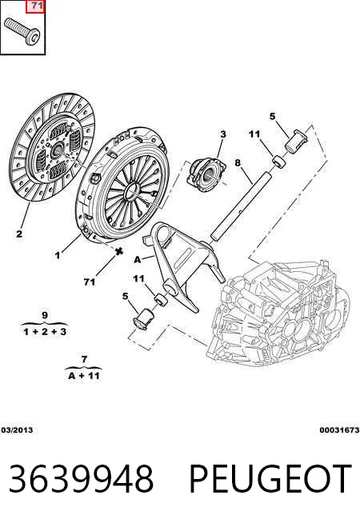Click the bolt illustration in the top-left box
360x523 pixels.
pos(22,31)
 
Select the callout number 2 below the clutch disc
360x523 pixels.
pos(19,234)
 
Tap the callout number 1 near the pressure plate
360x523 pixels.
pos(58,255)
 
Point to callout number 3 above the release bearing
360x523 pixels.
pos(223,134)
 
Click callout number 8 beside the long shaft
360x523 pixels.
pos(238,163)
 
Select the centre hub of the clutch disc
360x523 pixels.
pos(57,150)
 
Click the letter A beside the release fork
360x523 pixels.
pos(138,259)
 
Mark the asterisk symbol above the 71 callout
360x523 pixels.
pos(118,251)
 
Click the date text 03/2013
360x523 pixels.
pos(17,430)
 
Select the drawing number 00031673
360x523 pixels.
pos(339,430)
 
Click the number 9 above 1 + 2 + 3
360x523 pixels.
pos(45,314)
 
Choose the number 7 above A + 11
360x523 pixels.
pos(84,359)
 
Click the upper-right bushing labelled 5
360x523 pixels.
pos(296,141)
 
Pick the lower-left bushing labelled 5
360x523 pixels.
pos(142,319)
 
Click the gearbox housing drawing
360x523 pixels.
pos(278,312)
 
